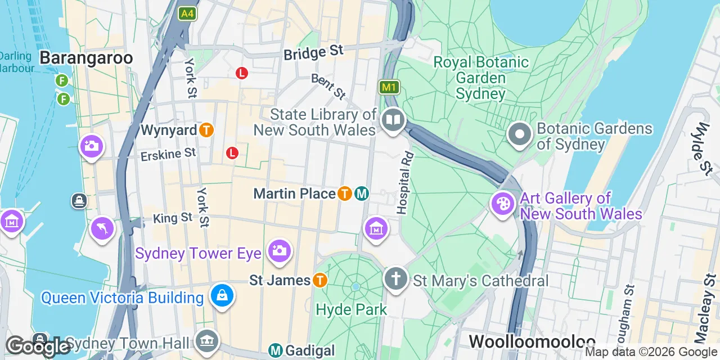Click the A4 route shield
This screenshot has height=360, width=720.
187,13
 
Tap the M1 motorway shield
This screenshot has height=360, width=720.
389,87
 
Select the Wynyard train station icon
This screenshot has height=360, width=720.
206,130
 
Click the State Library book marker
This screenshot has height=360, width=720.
393,120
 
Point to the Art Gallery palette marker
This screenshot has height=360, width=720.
502,204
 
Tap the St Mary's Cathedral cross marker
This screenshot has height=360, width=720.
396,278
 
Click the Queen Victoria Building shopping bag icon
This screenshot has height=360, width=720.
222,294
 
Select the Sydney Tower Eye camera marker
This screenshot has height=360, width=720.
278,250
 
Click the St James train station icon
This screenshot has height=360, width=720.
320,280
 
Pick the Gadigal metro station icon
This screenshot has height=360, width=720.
276,351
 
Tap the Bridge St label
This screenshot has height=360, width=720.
313,53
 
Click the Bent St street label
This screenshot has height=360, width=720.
328,87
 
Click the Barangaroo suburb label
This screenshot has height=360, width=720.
86,58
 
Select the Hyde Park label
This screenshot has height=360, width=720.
352,309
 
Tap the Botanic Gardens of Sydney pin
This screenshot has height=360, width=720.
520,135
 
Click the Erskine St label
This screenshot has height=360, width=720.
168,153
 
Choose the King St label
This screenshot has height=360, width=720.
173,218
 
